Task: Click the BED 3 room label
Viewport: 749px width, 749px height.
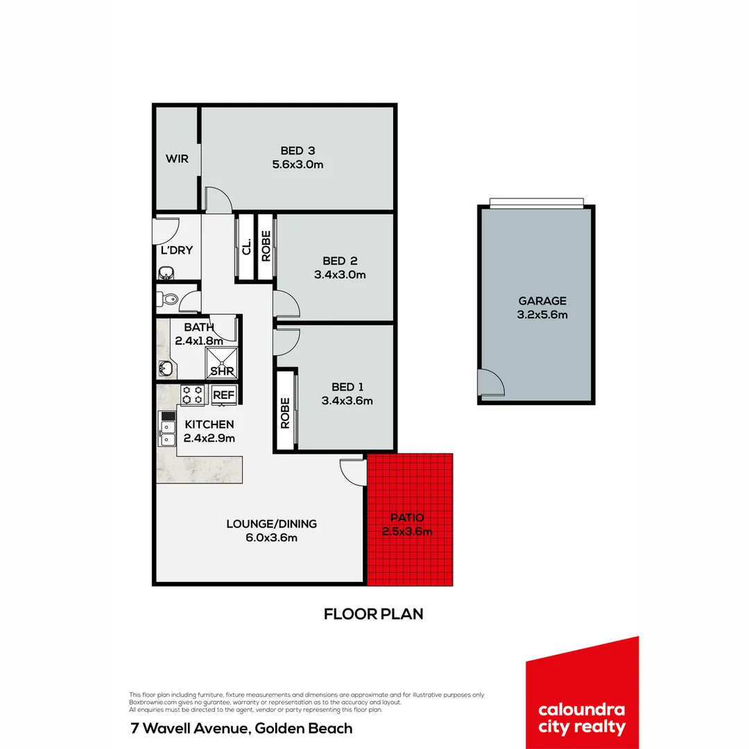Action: [298, 150]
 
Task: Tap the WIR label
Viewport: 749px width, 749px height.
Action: [177, 159]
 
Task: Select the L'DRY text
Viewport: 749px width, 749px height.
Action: [177, 250]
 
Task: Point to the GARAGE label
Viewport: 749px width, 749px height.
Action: [542, 301]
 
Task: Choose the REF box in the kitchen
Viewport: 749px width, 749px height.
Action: [224, 395]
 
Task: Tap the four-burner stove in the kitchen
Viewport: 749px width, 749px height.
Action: [192, 395]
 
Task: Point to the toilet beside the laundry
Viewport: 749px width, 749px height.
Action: [166, 300]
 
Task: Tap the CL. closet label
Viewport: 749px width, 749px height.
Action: [246, 246]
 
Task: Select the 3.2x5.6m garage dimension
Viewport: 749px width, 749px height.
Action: [542, 315]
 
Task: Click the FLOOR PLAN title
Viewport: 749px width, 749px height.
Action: [373, 614]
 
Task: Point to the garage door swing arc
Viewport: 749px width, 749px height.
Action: [489, 382]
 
